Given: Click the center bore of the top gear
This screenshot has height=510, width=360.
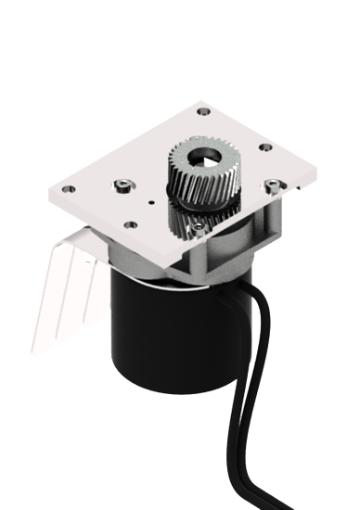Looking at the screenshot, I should [201, 159].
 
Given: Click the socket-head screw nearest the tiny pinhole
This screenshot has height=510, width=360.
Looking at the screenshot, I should [123, 185].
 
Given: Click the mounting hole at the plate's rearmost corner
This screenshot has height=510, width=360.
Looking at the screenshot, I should [205, 110].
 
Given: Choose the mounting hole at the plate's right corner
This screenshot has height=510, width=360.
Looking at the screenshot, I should [265, 147].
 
